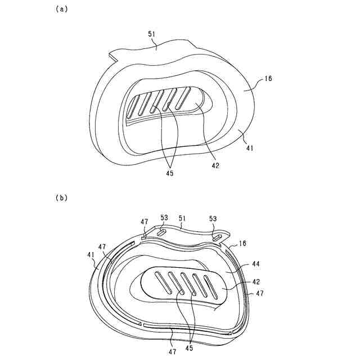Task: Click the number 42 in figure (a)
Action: [215, 165]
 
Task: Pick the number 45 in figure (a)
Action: [169, 173]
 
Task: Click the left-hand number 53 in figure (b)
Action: [164, 217]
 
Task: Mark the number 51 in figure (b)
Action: [182, 217]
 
